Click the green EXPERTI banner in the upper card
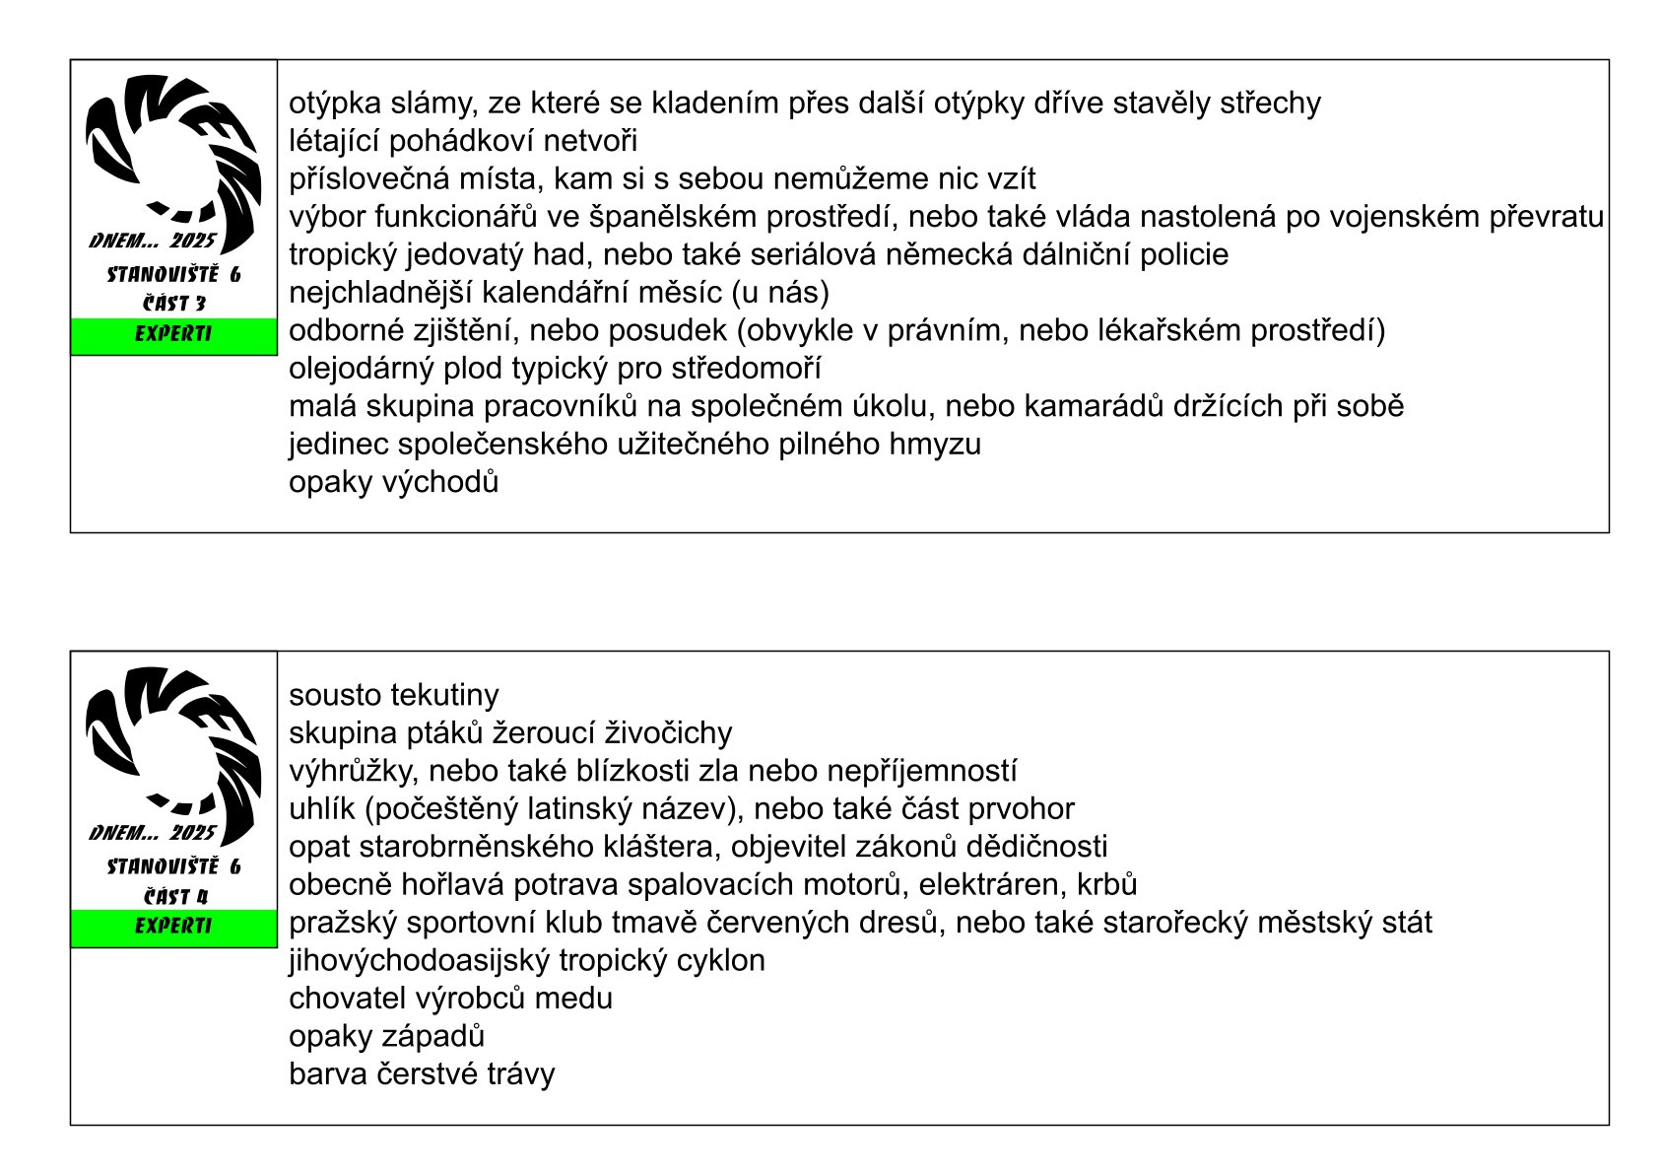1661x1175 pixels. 173,335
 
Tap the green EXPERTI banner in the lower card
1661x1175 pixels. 173,927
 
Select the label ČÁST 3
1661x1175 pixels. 173,304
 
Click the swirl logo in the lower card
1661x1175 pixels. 173,749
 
